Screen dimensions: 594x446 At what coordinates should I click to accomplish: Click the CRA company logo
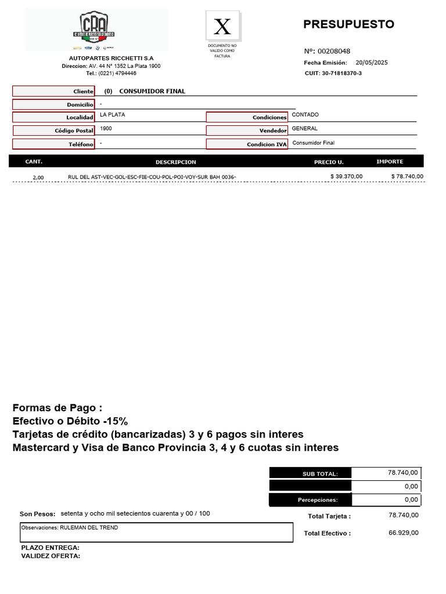coord(93,30)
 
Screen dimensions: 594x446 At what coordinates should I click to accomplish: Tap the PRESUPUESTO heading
coord(348,24)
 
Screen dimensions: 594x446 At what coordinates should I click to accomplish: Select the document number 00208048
coord(334,51)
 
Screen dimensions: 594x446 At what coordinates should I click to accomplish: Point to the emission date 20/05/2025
coord(371,63)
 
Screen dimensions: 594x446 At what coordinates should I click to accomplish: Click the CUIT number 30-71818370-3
coord(341,73)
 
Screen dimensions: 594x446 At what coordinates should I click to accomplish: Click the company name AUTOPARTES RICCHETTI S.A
coord(111,59)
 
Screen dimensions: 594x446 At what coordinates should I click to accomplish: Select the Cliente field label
coord(53,92)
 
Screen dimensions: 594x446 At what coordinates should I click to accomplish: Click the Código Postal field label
coord(53,131)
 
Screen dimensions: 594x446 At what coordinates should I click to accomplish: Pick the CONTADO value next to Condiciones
coord(305,115)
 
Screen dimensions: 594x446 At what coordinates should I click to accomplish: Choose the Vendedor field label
coord(247,131)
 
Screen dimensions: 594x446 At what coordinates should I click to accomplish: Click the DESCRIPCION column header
coord(176,162)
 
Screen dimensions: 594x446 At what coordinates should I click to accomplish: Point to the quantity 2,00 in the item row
coord(38,178)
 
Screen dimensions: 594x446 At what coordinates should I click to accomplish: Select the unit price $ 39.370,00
coord(346,176)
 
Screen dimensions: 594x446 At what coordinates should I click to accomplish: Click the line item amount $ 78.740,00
coord(407,176)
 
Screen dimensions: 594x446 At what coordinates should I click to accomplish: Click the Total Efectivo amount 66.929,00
coord(403,533)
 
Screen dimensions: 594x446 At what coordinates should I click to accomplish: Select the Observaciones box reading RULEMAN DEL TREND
coord(156,532)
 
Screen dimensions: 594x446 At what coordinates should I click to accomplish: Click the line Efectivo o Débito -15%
coord(70,421)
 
